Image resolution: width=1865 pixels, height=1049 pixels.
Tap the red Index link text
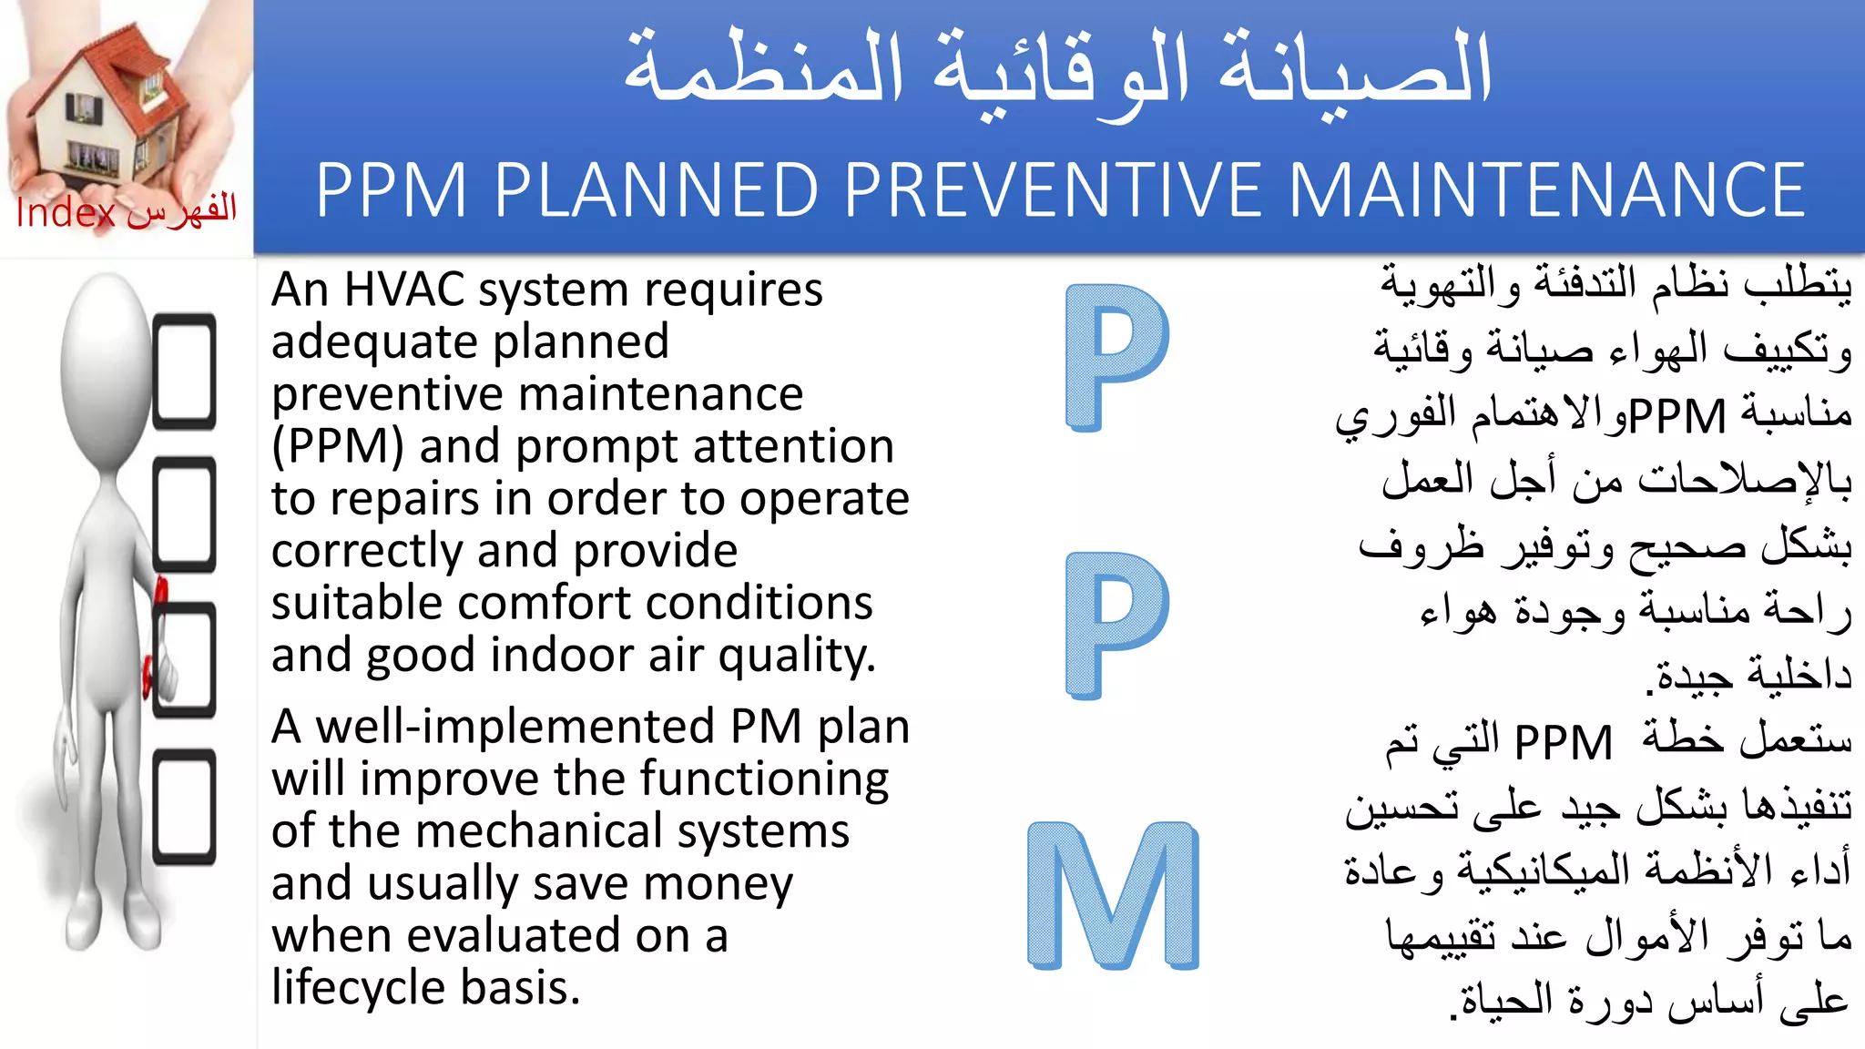(x=66, y=213)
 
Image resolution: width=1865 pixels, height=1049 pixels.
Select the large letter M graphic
(x=1113, y=895)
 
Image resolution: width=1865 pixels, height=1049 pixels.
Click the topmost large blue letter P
(x=1116, y=356)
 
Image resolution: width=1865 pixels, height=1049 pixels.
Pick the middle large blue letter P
(x=1116, y=625)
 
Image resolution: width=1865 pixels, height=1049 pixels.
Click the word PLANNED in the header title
(x=656, y=190)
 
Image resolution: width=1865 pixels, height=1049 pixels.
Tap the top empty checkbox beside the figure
(x=185, y=371)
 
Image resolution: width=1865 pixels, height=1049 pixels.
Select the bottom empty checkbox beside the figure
(x=185, y=806)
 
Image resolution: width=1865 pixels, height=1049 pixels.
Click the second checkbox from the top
(x=185, y=514)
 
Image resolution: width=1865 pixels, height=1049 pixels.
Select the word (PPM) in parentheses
(x=338, y=447)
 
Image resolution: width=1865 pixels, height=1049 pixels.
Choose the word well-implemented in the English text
(x=515, y=727)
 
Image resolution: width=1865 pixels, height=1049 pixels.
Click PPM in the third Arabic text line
(x=1676, y=416)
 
